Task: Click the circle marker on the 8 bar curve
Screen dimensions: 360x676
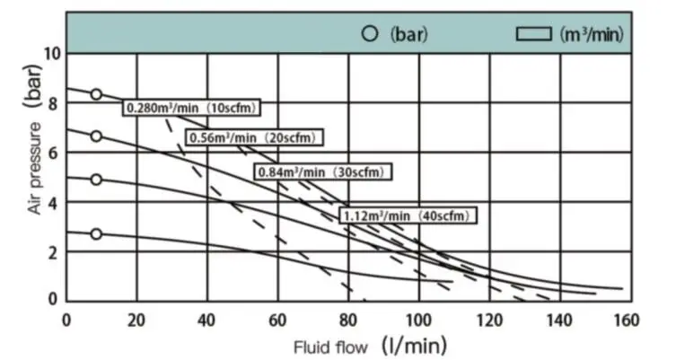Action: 96,94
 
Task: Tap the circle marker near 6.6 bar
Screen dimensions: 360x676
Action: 96,136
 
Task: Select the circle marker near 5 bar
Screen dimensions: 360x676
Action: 96,180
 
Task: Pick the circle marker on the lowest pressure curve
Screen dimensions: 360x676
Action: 96,234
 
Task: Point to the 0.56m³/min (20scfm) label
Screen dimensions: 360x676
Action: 254,138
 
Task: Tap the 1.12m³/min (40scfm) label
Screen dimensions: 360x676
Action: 407,215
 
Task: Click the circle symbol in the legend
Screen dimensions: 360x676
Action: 369,35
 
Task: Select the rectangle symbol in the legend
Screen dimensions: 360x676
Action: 533,35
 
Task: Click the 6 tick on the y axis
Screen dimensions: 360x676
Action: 53,153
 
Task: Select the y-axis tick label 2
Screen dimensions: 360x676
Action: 53,252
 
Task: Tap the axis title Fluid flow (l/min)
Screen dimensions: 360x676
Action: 369,345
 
